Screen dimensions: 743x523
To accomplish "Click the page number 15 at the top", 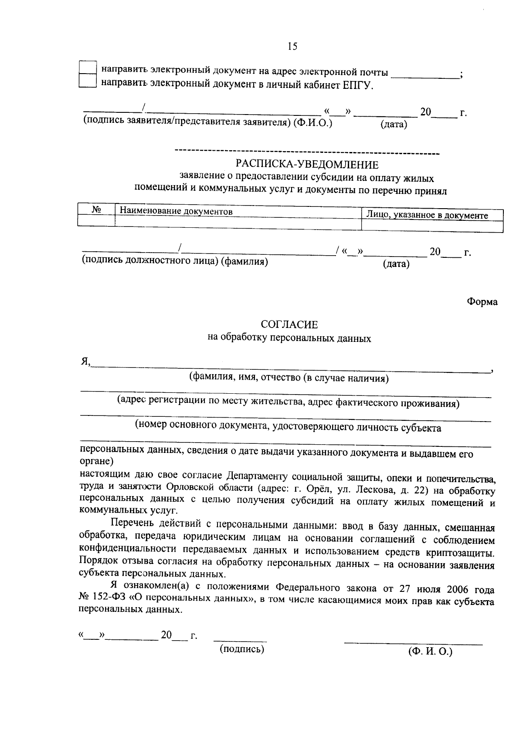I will point(292,47).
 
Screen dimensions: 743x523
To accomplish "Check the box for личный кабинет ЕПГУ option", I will point(88,81).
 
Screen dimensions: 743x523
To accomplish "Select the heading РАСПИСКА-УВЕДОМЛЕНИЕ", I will point(307,165).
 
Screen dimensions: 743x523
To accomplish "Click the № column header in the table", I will point(96,209).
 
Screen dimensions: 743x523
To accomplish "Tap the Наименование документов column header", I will point(176,212).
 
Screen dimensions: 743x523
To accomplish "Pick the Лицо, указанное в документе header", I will point(427,215).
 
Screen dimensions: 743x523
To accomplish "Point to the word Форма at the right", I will point(482,301).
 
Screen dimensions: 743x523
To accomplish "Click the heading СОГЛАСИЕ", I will point(289,324).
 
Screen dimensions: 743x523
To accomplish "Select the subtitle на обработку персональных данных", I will point(289,338).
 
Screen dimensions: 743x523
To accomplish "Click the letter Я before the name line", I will point(84,361).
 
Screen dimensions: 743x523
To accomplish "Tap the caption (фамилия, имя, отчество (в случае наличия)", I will point(289,378).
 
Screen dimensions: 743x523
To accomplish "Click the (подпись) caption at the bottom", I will point(242,649).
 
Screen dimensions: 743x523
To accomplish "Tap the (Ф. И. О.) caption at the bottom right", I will point(430,652).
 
